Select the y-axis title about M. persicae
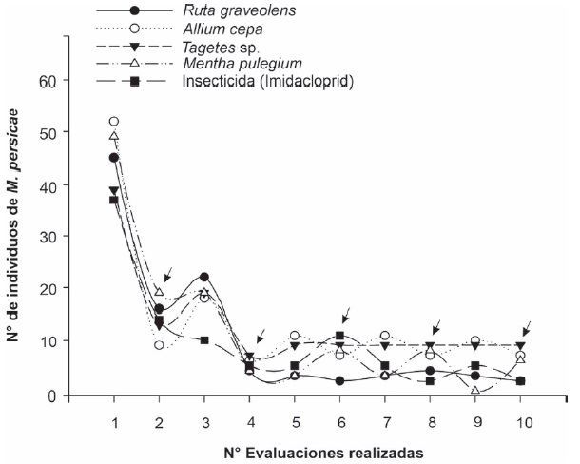[16, 236]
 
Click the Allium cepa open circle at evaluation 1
[114, 122]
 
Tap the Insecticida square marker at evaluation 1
[114, 200]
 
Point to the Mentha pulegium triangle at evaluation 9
[475, 391]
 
